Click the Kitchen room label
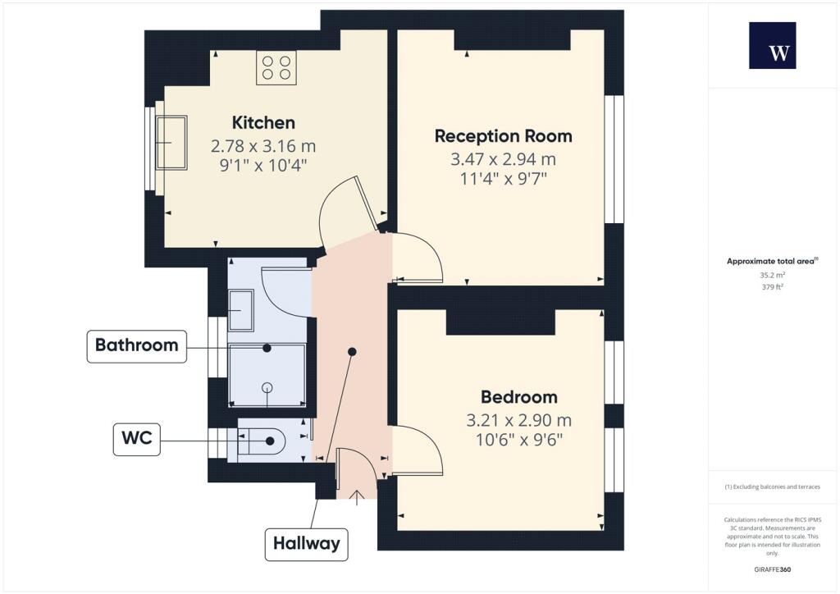[263, 123]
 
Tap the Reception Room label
[503, 136]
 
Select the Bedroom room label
[518, 397]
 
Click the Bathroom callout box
[136, 345]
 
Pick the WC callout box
[136, 440]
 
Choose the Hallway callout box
[307, 543]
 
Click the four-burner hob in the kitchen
[276, 66]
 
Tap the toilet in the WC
[262, 441]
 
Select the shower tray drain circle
[267, 386]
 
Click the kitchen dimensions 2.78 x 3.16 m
[263, 147]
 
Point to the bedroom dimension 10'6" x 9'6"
[518, 439]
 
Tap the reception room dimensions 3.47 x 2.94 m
[503, 159]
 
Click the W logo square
[772, 46]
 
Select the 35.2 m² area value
[772, 276]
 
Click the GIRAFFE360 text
[772, 569]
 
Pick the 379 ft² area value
[772, 287]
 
